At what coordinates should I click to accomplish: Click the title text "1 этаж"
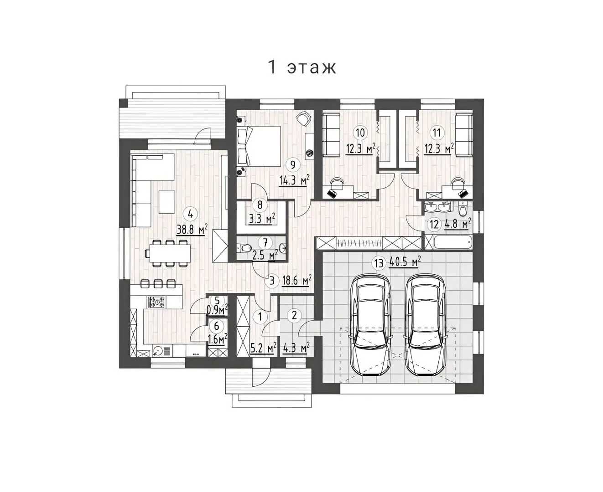302,67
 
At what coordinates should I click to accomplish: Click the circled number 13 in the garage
379,263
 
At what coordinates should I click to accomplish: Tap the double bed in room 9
259,146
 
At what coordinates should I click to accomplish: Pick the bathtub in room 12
452,243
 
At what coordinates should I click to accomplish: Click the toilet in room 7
244,247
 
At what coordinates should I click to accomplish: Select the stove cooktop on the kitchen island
157,302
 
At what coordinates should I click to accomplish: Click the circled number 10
360,133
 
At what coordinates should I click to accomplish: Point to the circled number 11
437,133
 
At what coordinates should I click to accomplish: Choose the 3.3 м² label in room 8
262,219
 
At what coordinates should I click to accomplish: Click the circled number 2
294,316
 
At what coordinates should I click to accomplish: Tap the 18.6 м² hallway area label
296,281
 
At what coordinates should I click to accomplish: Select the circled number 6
217,326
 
